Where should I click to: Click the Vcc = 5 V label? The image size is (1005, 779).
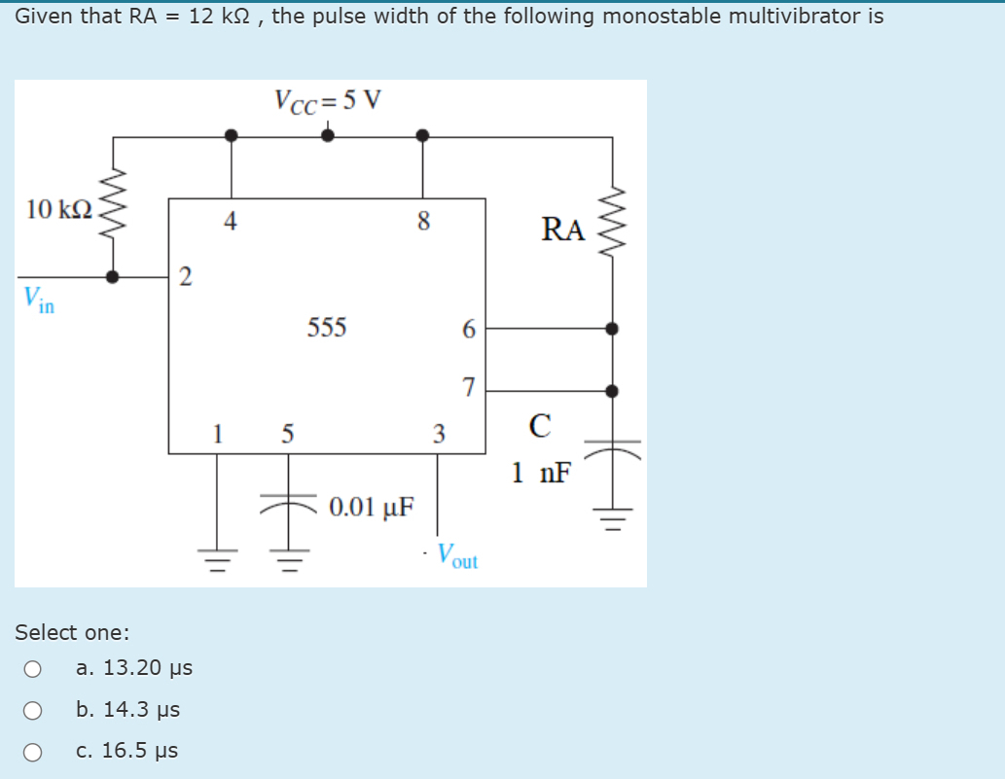[x=328, y=100]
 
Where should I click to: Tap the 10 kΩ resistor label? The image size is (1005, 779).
[x=59, y=209]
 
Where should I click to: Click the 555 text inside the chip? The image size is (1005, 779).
[x=327, y=328]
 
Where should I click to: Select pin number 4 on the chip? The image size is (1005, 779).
[x=230, y=222]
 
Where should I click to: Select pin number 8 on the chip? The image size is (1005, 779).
[x=422, y=222]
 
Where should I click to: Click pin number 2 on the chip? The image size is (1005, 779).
[x=185, y=278]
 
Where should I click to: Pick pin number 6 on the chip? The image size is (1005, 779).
[x=468, y=331]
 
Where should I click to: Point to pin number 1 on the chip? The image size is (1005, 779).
[x=218, y=433]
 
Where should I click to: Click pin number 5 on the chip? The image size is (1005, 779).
[x=287, y=433]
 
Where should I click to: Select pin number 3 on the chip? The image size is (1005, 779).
[x=438, y=433]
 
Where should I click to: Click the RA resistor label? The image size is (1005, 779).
[x=563, y=230]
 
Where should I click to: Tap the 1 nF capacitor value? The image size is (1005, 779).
[x=541, y=474]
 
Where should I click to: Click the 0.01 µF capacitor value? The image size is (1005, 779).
[x=371, y=507]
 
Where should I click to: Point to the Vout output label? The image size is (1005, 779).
[x=456, y=555]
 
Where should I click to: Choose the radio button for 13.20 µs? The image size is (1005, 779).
[x=33, y=669]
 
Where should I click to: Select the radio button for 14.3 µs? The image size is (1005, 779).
[x=33, y=710]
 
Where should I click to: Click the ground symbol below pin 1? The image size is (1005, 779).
[x=217, y=561]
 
